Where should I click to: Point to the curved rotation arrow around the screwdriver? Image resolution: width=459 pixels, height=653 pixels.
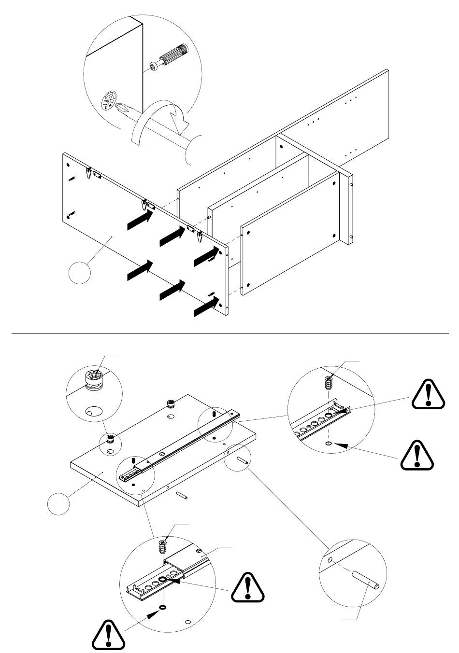click(159, 118)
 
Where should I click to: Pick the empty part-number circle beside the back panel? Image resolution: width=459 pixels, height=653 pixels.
click(79, 273)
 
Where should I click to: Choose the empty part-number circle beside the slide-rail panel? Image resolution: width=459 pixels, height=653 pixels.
click(58, 503)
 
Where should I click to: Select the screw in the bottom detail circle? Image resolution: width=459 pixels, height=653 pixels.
click(163, 548)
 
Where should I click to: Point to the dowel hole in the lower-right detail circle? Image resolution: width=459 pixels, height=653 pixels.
click(330, 560)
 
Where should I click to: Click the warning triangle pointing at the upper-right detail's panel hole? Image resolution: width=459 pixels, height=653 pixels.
click(417, 455)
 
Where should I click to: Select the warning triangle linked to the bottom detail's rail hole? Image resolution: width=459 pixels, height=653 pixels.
click(248, 589)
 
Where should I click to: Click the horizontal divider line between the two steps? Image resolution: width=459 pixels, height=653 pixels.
click(229, 333)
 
